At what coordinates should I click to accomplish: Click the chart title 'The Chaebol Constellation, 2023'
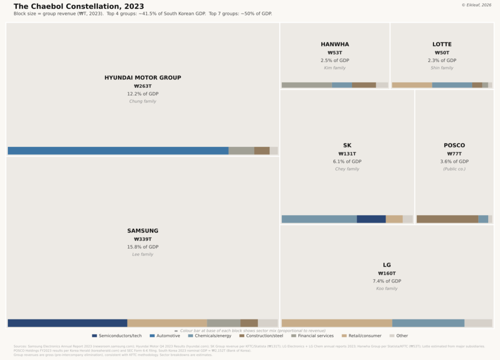(x=79, y=6)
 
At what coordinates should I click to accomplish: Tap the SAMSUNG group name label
(x=143, y=231)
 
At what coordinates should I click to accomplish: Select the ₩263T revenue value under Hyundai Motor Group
(x=143, y=86)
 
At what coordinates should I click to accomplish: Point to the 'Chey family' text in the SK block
(x=347, y=169)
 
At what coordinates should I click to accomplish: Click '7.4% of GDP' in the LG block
(x=387, y=281)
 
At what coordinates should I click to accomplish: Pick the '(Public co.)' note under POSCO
(x=454, y=169)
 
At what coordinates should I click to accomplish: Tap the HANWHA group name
(x=334, y=44)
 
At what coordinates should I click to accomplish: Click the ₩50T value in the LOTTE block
(x=442, y=53)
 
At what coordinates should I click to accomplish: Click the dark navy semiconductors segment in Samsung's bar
(x=67, y=323)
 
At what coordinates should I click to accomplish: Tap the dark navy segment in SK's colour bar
(x=371, y=219)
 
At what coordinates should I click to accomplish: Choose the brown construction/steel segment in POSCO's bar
(x=447, y=219)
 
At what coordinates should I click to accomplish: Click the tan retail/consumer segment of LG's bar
(x=337, y=323)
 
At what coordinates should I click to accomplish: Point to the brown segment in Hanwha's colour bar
(x=364, y=85)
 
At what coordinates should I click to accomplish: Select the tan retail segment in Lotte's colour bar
(x=412, y=85)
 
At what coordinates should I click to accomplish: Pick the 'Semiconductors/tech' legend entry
(x=117, y=336)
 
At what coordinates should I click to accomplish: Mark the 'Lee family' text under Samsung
(x=143, y=255)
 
